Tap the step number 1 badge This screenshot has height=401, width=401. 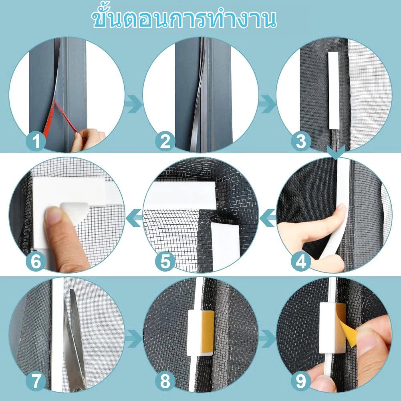click(x=36, y=141)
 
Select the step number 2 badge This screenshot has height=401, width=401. click(x=165, y=141)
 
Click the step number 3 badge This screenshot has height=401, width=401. click(x=301, y=141)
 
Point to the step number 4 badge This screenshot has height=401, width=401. click(x=301, y=261)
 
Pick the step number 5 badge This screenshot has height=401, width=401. click(x=165, y=261)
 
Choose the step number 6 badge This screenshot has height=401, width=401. click(x=36, y=261)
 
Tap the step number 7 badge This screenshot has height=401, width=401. click(x=36, y=381)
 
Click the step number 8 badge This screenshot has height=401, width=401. click(x=165, y=381)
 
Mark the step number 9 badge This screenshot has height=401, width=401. click(x=301, y=381)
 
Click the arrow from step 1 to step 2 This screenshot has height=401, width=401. click(x=133, y=104)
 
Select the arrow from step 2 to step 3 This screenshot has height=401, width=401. click(x=267, y=104)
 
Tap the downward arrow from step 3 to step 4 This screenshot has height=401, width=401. click(x=336, y=152)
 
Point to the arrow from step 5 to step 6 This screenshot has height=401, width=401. click(x=134, y=218)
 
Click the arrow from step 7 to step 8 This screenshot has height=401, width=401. click(x=133, y=339)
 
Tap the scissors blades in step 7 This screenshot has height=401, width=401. click(x=74, y=340)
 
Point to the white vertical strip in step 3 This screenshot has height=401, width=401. click(x=334, y=91)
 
